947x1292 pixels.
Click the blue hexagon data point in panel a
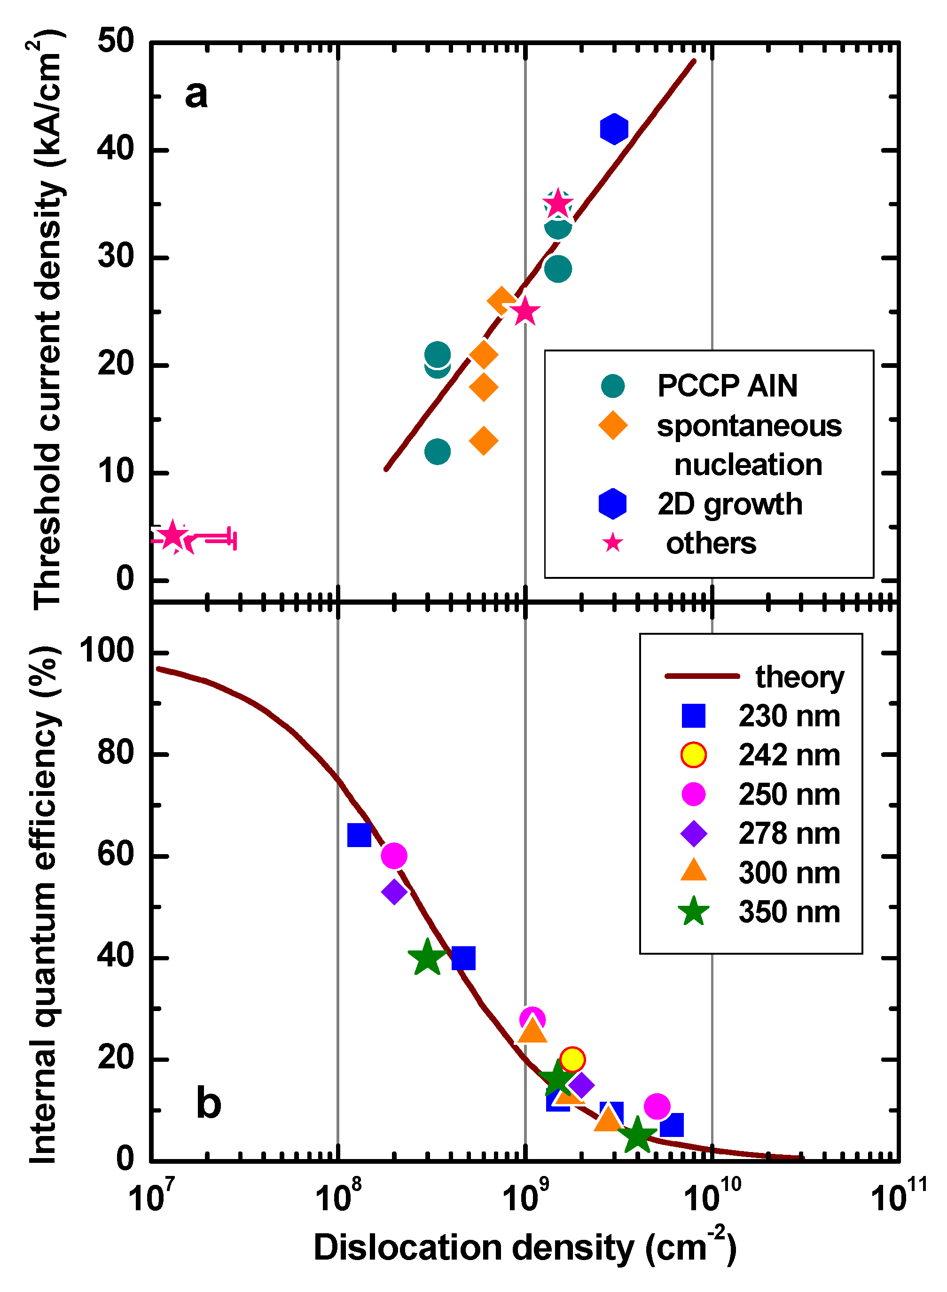[614, 128]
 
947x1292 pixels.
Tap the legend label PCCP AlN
[727, 386]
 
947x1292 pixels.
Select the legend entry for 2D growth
[729, 504]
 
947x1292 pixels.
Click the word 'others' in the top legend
[711, 543]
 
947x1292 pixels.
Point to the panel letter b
[208, 1103]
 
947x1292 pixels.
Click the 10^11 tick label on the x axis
[898, 1198]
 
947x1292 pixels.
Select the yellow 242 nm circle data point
[572, 1059]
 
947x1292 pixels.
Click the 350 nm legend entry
[789, 911]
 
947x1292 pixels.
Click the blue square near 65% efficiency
[360, 835]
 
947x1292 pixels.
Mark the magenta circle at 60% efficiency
[394, 856]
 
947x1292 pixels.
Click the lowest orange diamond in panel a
[483, 441]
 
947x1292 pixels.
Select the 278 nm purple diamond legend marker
[694, 833]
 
